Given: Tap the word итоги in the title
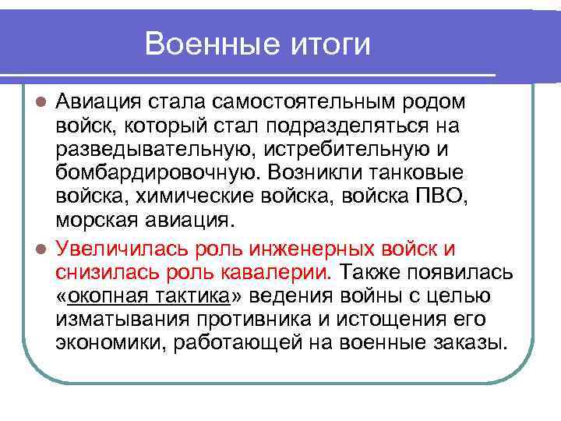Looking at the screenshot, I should pyautogui.click(x=326, y=44).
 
